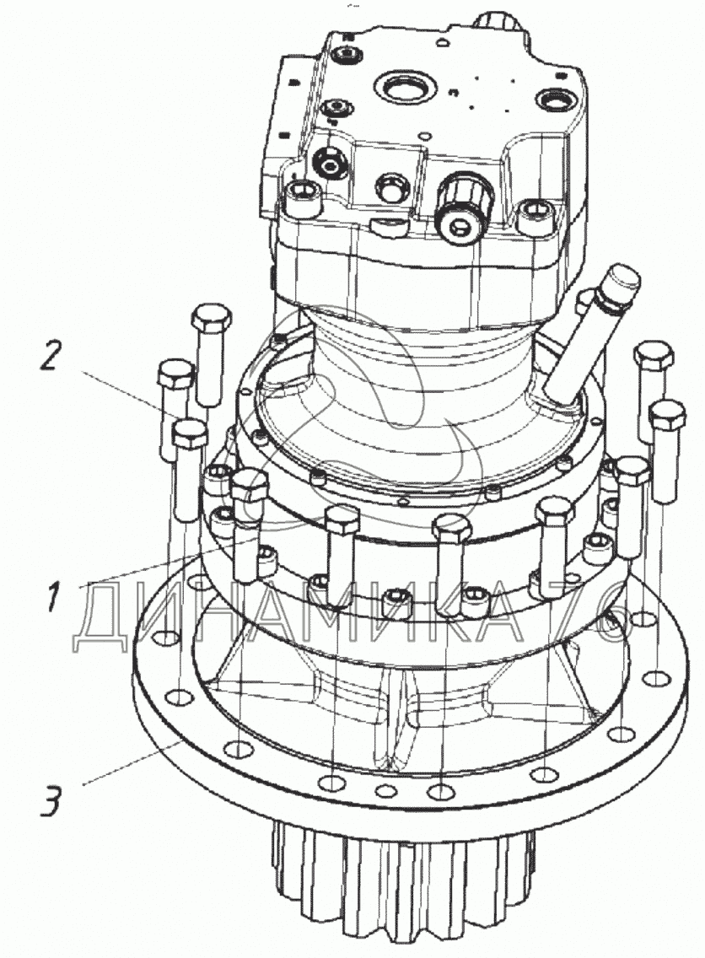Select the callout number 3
coord(52,801)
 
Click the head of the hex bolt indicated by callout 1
coord(250,485)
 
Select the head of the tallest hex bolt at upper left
coord(212,320)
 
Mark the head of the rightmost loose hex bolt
coord(667,416)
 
